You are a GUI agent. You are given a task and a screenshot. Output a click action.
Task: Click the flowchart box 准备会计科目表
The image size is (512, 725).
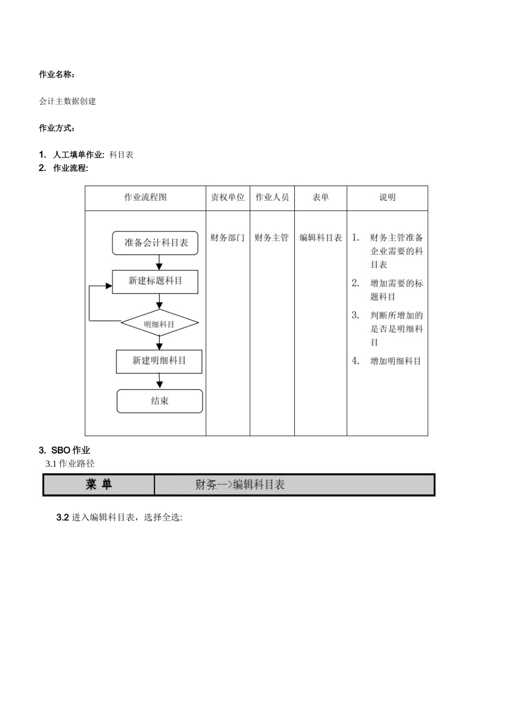click(x=155, y=243)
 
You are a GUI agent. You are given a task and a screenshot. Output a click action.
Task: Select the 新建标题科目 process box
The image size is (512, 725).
click(x=155, y=281)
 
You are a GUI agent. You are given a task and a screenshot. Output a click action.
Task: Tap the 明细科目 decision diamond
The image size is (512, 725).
click(x=160, y=324)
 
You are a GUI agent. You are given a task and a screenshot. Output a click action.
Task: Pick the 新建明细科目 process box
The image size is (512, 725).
click(x=159, y=361)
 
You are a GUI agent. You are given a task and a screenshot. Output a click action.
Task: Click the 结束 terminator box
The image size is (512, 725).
click(x=160, y=401)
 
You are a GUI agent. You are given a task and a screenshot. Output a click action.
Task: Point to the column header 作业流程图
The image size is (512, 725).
click(x=146, y=197)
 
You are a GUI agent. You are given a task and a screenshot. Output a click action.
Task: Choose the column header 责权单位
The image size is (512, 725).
click(x=227, y=197)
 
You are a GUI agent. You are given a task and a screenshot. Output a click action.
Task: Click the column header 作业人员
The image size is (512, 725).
click(x=272, y=197)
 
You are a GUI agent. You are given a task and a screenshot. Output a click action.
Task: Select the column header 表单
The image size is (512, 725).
click(x=321, y=197)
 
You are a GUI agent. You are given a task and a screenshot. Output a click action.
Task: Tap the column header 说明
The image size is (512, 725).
click(x=387, y=197)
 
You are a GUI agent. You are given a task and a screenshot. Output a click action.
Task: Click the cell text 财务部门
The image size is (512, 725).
click(x=227, y=238)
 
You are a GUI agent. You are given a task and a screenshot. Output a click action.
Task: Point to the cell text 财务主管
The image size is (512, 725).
click(x=272, y=238)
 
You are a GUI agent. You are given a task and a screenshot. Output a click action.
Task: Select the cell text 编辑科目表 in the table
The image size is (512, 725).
click(x=321, y=238)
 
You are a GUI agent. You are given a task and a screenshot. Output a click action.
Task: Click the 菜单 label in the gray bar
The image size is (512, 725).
click(x=99, y=484)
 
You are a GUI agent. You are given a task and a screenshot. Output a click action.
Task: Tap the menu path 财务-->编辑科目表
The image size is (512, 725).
click(x=240, y=485)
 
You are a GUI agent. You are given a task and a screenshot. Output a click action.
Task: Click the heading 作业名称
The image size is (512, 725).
click(x=57, y=74)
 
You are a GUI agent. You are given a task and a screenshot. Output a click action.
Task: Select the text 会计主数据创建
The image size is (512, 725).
click(x=67, y=101)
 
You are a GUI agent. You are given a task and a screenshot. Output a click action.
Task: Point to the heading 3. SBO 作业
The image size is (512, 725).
click(x=64, y=450)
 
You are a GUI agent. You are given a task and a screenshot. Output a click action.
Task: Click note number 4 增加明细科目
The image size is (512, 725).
click(x=395, y=361)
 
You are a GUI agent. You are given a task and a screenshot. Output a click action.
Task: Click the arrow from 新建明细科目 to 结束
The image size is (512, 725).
click(x=160, y=381)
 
